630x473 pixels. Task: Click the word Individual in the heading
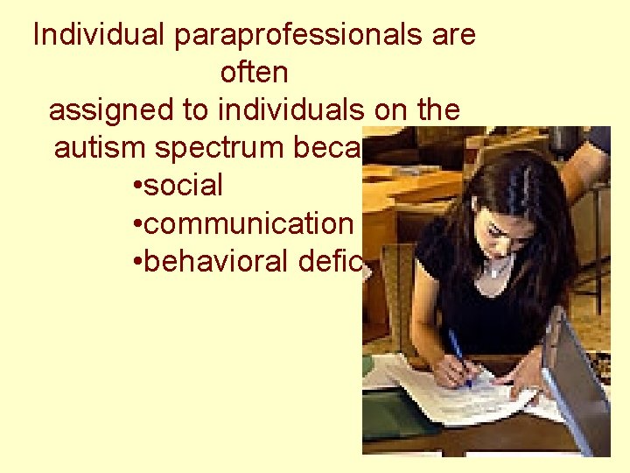(x=100, y=35)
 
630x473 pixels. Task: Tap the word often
(x=254, y=73)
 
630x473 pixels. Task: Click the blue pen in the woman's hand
(x=459, y=355)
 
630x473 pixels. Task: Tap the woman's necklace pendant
(x=497, y=272)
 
